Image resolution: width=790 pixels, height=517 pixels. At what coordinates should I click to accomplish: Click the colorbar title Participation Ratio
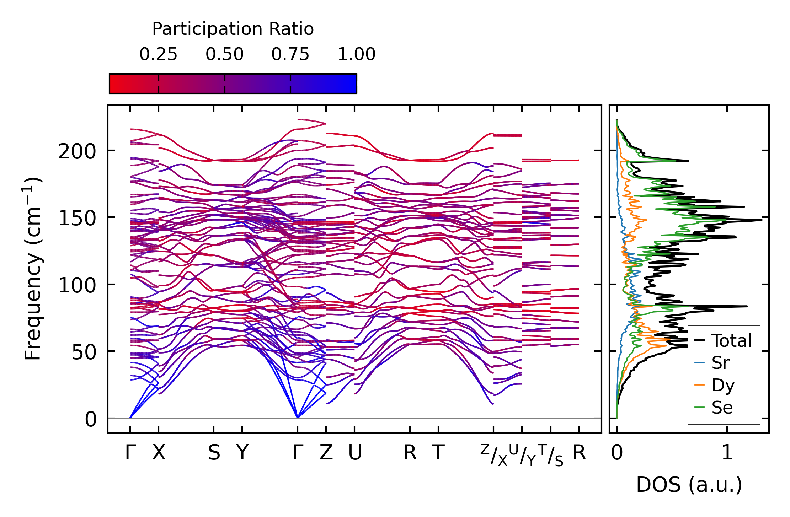pyautogui.click(x=233, y=29)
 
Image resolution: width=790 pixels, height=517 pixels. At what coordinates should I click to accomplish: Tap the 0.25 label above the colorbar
pyautogui.click(x=158, y=54)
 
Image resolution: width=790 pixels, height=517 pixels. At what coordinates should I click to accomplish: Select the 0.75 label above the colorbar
pyautogui.click(x=290, y=54)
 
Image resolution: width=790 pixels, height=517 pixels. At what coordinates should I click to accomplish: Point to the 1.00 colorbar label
pyautogui.click(x=356, y=54)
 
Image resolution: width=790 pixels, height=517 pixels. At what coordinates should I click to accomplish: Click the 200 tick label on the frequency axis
pyautogui.click(x=77, y=152)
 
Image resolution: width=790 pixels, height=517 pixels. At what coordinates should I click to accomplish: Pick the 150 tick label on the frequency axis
pyautogui.click(x=77, y=218)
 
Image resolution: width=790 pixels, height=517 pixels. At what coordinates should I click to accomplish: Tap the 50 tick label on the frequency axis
pyautogui.click(x=84, y=352)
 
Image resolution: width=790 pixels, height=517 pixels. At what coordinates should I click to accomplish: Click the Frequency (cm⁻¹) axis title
pyautogui.click(x=33, y=269)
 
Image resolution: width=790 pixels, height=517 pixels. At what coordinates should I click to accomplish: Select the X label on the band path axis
pyautogui.click(x=159, y=453)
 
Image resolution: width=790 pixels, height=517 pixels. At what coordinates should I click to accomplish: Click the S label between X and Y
pyautogui.click(x=214, y=453)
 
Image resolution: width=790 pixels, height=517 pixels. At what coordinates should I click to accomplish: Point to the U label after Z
pyautogui.click(x=355, y=453)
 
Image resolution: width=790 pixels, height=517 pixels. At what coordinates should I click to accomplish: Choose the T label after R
pyautogui.click(x=438, y=453)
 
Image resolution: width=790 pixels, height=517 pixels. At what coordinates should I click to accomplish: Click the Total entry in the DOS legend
pyautogui.click(x=732, y=341)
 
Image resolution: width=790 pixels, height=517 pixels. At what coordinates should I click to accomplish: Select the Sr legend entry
pyautogui.click(x=720, y=363)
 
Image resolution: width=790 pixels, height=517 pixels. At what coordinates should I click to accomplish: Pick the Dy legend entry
pyautogui.click(x=723, y=385)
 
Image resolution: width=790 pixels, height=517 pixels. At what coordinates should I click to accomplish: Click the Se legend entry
pyautogui.click(x=722, y=408)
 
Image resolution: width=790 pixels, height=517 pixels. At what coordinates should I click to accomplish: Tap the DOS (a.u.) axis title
pyautogui.click(x=689, y=485)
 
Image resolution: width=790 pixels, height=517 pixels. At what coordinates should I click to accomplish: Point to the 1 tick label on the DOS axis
pyautogui.click(x=727, y=453)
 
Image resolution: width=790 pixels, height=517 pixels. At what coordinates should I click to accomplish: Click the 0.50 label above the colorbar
pyautogui.click(x=224, y=54)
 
